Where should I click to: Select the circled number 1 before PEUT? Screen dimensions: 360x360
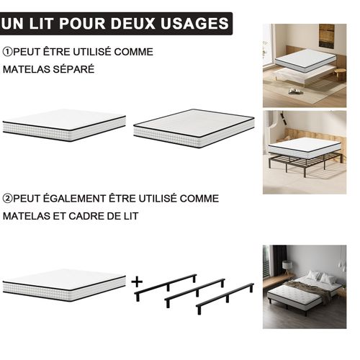8,53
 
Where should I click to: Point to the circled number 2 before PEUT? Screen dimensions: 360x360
8,198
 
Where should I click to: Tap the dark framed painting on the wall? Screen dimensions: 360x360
326,36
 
